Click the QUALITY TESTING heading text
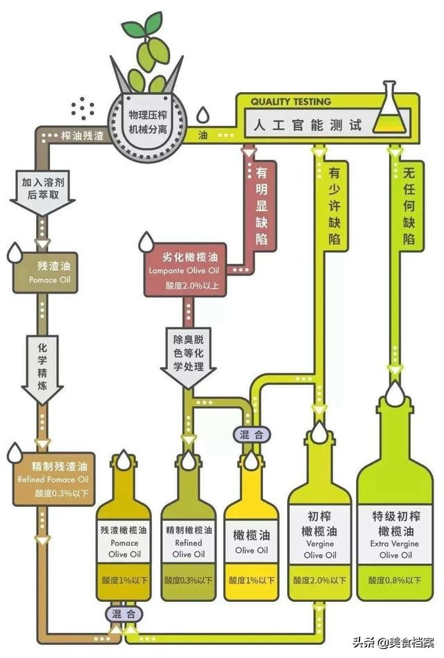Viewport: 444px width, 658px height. click(x=291, y=102)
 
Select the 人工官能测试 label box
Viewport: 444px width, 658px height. click(x=308, y=125)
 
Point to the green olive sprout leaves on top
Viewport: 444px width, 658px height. click(x=143, y=28)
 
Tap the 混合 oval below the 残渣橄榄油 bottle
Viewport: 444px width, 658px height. click(x=125, y=614)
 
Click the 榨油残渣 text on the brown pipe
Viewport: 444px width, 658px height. click(x=83, y=136)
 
